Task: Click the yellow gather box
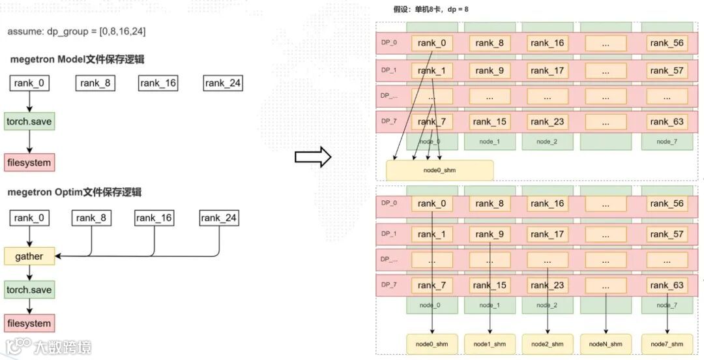[x=29, y=256]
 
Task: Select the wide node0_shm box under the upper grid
[x=440, y=170]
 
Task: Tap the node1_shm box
[x=490, y=344]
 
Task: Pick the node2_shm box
[x=548, y=344]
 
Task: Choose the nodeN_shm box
[x=606, y=344]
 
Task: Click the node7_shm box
[x=667, y=344]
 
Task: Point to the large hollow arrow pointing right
[x=313, y=157]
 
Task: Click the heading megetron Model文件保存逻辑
[x=78, y=59]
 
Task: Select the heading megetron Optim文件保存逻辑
[x=75, y=192]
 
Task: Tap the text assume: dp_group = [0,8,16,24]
[x=72, y=31]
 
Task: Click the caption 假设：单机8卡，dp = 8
[x=431, y=9]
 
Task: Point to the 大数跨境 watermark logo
[x=49, y=346]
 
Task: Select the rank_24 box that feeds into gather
[x=219, y=218]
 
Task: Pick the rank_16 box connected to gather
[x=154, y=218]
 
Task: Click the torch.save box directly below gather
[x=29, y=290]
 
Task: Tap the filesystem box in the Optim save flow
[x=29, y=323]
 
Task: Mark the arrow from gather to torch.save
[x=29, y=273]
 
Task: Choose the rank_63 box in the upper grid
[x=667, y=121]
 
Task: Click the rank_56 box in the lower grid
[x=667, y=203]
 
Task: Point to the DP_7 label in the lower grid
[x=389, y=285]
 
